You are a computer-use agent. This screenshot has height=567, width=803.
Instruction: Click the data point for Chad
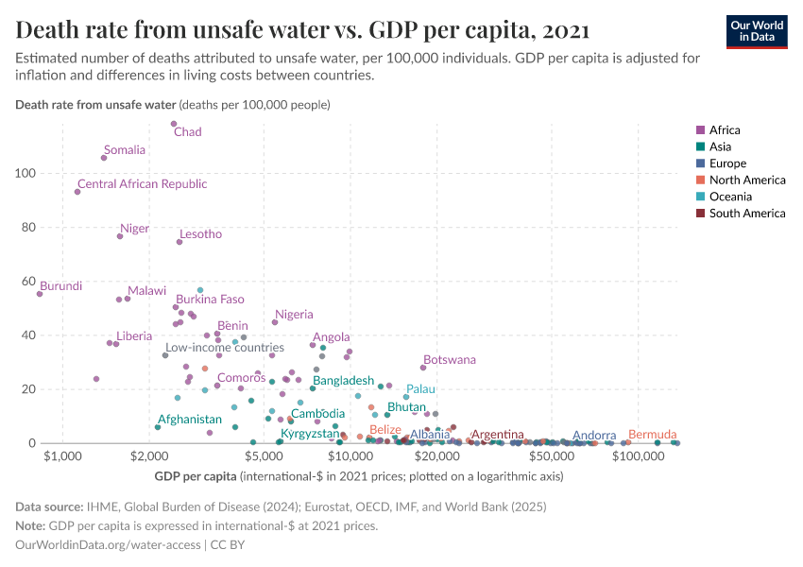[x=174, y=124]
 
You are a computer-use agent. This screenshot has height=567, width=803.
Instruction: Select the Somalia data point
[x=104, y=158]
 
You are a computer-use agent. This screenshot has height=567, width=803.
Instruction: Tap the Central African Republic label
[x=142, y=184]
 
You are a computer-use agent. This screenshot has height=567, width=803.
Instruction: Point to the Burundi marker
[x=40, y=294]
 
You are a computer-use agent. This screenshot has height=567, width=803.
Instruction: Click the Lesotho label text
[x=200, y=234]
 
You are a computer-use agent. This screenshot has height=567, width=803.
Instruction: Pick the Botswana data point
[x=423, y=368]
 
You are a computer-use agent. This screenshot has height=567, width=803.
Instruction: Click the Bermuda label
[x=652, y=435]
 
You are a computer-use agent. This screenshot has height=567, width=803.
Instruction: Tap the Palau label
[x=420, y=389]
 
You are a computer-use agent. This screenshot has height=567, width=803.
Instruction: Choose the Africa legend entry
[x=725, y=130]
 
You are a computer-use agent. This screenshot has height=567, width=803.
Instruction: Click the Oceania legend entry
[x=728, y=197]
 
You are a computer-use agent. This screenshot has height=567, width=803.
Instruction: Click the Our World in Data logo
[x=757, y=31]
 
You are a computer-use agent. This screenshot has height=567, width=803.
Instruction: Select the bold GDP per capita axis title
[x=196, y=476]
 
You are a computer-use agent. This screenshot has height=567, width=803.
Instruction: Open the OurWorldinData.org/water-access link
[x=108, y=545]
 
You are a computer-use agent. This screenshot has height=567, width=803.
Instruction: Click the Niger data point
[x=120, y=236]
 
